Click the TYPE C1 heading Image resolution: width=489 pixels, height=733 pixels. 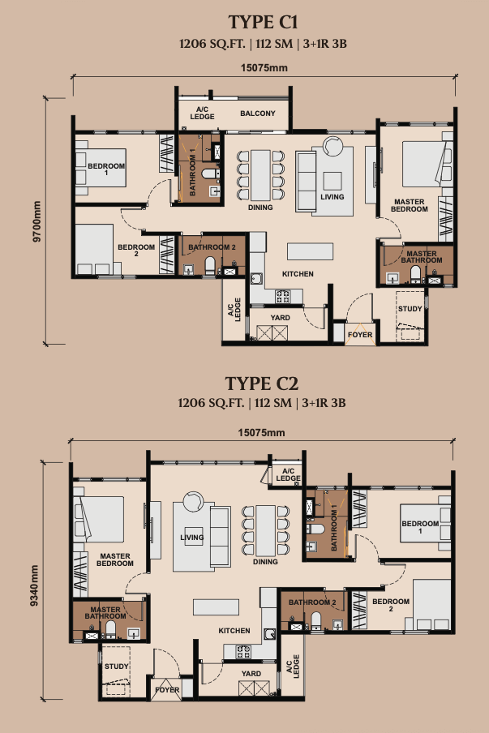point(263,22)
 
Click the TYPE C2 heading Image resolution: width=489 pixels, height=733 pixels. point(262,384)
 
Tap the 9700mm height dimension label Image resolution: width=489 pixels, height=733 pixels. point(37,221)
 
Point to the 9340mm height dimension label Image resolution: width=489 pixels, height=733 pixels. point(34,585)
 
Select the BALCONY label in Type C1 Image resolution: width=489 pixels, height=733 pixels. point(258,114)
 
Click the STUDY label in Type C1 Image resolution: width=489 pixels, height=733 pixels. point(410,309)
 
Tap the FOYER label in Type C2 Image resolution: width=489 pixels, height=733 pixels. point(167,689)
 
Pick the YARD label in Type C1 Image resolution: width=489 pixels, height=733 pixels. point(280,317)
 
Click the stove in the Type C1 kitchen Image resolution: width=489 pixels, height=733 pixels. point(283,295)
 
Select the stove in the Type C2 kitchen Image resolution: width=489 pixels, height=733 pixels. point(243,651)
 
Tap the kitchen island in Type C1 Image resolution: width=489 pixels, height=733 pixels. point(311,251)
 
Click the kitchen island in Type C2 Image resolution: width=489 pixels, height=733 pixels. point(216,607)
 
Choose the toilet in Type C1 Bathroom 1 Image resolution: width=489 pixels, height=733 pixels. point(210,174)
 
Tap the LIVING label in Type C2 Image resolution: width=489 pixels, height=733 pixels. point(191,537)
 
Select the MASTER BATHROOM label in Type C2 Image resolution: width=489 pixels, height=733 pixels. point(105,612)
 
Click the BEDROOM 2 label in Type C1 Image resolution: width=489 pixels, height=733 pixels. point(136,250)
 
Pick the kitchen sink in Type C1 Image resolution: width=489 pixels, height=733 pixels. point(256,280)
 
